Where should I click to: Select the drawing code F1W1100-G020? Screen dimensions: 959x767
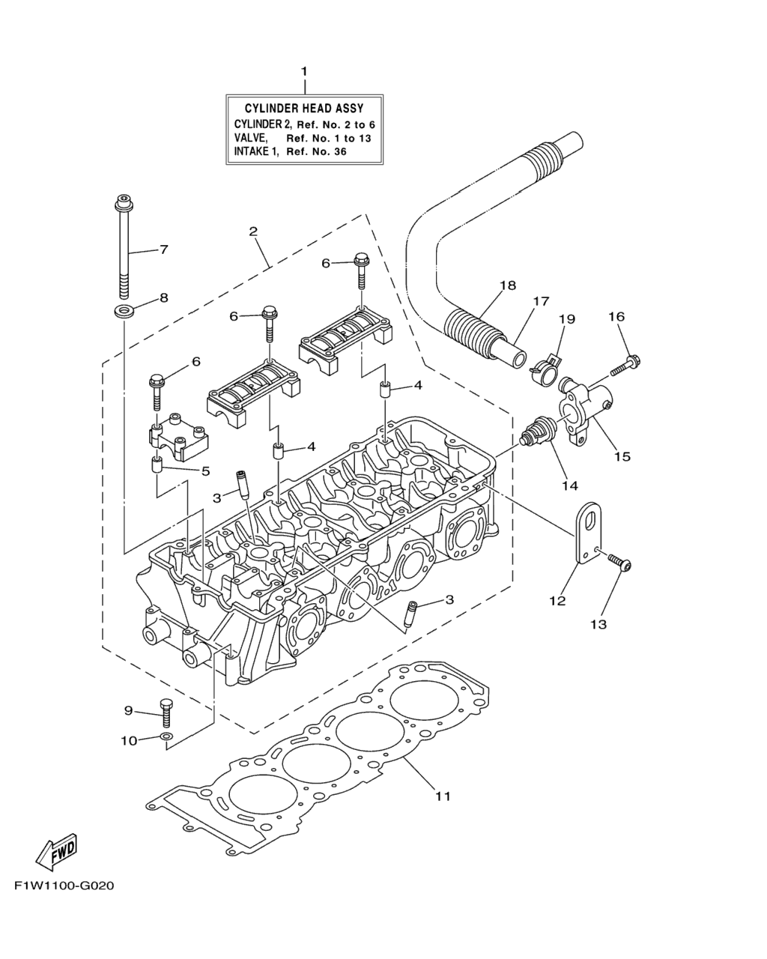[64, 886]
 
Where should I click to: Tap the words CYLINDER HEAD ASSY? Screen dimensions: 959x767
[304, 109]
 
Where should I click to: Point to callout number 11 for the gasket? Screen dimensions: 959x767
[443, 796]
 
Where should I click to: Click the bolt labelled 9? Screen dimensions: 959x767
[166, 711]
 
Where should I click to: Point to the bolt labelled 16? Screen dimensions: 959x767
[626, 365]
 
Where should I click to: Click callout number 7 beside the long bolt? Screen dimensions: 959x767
[163, 249]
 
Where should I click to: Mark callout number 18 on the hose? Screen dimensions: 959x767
[507, 285]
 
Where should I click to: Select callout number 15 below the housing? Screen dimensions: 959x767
[622, 456]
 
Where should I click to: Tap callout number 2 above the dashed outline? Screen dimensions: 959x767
[253, 232]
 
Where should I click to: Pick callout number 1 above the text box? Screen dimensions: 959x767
[304, 71]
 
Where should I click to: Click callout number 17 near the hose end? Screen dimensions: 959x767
[541, 301]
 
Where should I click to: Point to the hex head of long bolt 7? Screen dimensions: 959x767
[123, 202]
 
